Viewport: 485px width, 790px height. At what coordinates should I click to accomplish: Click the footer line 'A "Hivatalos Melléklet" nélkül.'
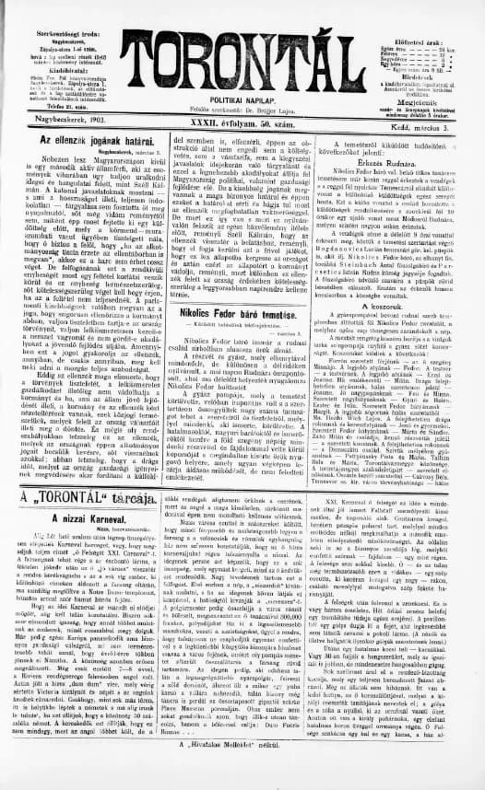tap(242, 770)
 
